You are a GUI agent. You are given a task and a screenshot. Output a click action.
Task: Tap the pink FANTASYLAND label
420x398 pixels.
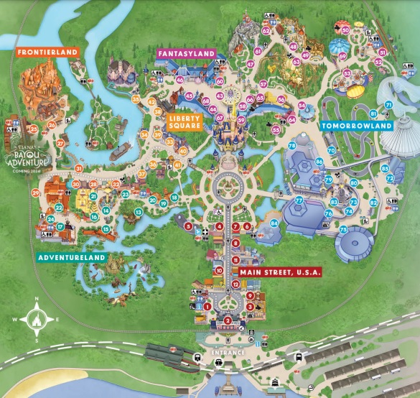coord(187,53)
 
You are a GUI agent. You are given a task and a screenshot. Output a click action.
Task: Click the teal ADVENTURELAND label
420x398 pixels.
coord(73,256)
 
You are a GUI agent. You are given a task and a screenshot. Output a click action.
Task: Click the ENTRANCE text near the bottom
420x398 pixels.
coord(228,353)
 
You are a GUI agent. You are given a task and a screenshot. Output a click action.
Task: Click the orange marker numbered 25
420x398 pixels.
coord(33,129)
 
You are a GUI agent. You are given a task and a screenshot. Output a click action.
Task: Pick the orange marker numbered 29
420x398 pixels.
coord(35,192)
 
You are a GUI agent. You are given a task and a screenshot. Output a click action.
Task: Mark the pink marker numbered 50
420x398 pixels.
coord(345,30)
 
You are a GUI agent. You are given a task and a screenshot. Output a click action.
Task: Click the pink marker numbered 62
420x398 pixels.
coord(266,31)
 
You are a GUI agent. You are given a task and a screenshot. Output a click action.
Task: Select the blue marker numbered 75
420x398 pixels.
coord(343,229)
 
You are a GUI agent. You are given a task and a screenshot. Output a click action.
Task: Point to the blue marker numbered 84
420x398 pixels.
coord(274,223)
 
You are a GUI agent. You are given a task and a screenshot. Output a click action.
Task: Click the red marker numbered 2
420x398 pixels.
coord(228,320)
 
